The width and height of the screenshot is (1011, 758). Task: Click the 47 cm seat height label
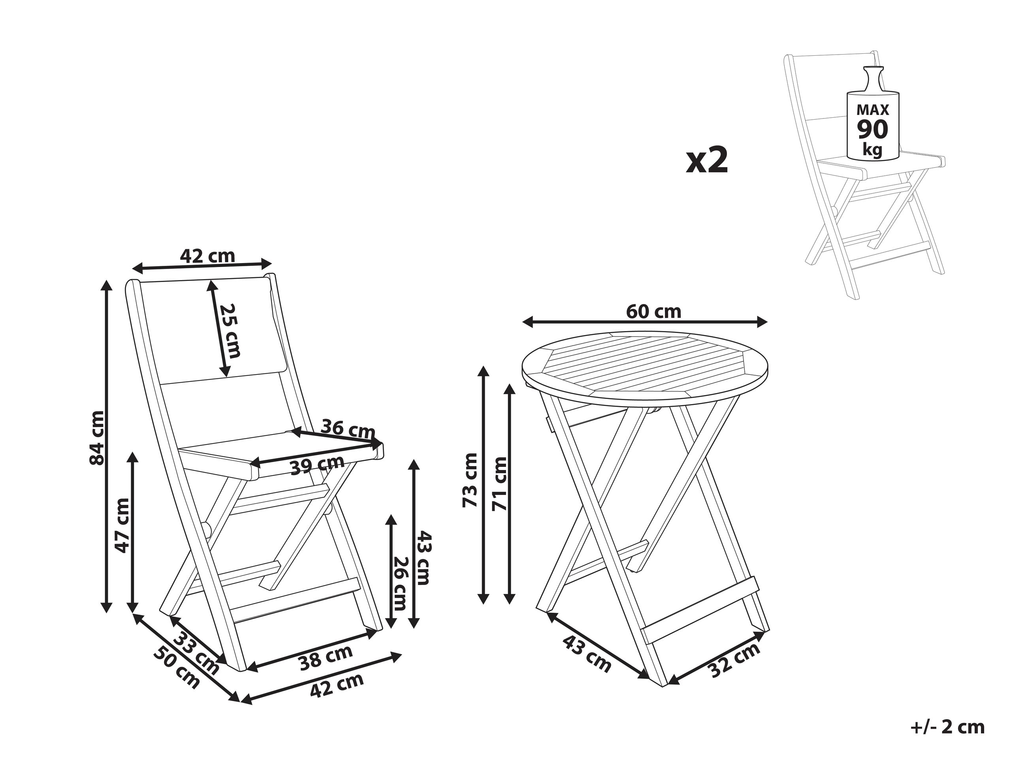(x=122, y=525)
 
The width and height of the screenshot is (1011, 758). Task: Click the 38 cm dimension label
(x=326, y=658)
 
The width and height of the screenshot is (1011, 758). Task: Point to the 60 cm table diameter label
(x=653, y=312)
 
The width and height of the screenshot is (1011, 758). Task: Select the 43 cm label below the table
(x=586, y=654)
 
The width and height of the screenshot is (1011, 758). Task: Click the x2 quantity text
(x=707, y=160)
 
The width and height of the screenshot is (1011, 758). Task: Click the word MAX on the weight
(x=872, y=110)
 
